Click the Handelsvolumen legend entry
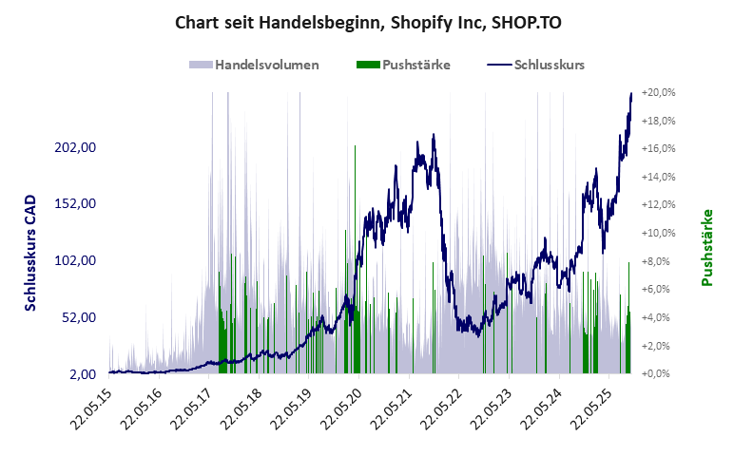(x=254, y=66)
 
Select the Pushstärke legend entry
(x=403, y=66)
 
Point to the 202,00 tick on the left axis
(x=77, y=147)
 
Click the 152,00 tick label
(x=77, y=203)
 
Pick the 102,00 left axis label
(x=77, y=260)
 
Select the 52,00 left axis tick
(x=80, y=317)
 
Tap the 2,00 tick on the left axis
(x=84, y=373)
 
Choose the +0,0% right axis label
(x=661, y=373)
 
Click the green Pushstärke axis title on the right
(x=707, y=248)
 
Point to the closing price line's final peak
(x=631, y=93)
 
